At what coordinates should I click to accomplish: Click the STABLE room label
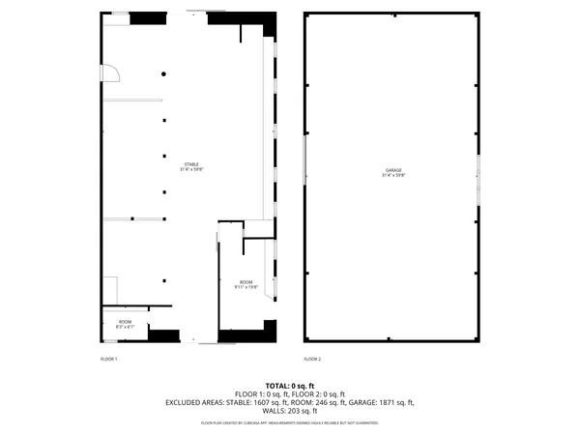click(x=192, y=164)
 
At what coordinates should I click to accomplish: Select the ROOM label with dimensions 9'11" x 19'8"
click(x=246, y=282)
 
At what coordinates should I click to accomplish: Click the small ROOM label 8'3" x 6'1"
click(x=125, y=321)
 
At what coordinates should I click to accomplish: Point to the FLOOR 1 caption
click(x=108, y=359)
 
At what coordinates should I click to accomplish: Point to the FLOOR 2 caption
click(x=312, y=359)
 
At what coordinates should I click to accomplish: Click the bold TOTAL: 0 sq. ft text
click(x=289, y=386)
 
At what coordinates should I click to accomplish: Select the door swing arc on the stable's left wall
click(x=113, y=72)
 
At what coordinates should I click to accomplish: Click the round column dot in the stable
click(x=164, y=74)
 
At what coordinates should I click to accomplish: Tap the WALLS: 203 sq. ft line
click(x=289, y=411)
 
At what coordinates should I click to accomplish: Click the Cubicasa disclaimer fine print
click(x=289, y=422)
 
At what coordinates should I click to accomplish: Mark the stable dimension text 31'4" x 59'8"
click(x=192, y=170)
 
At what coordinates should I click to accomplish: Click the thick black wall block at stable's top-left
click(x=148, y=18)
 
